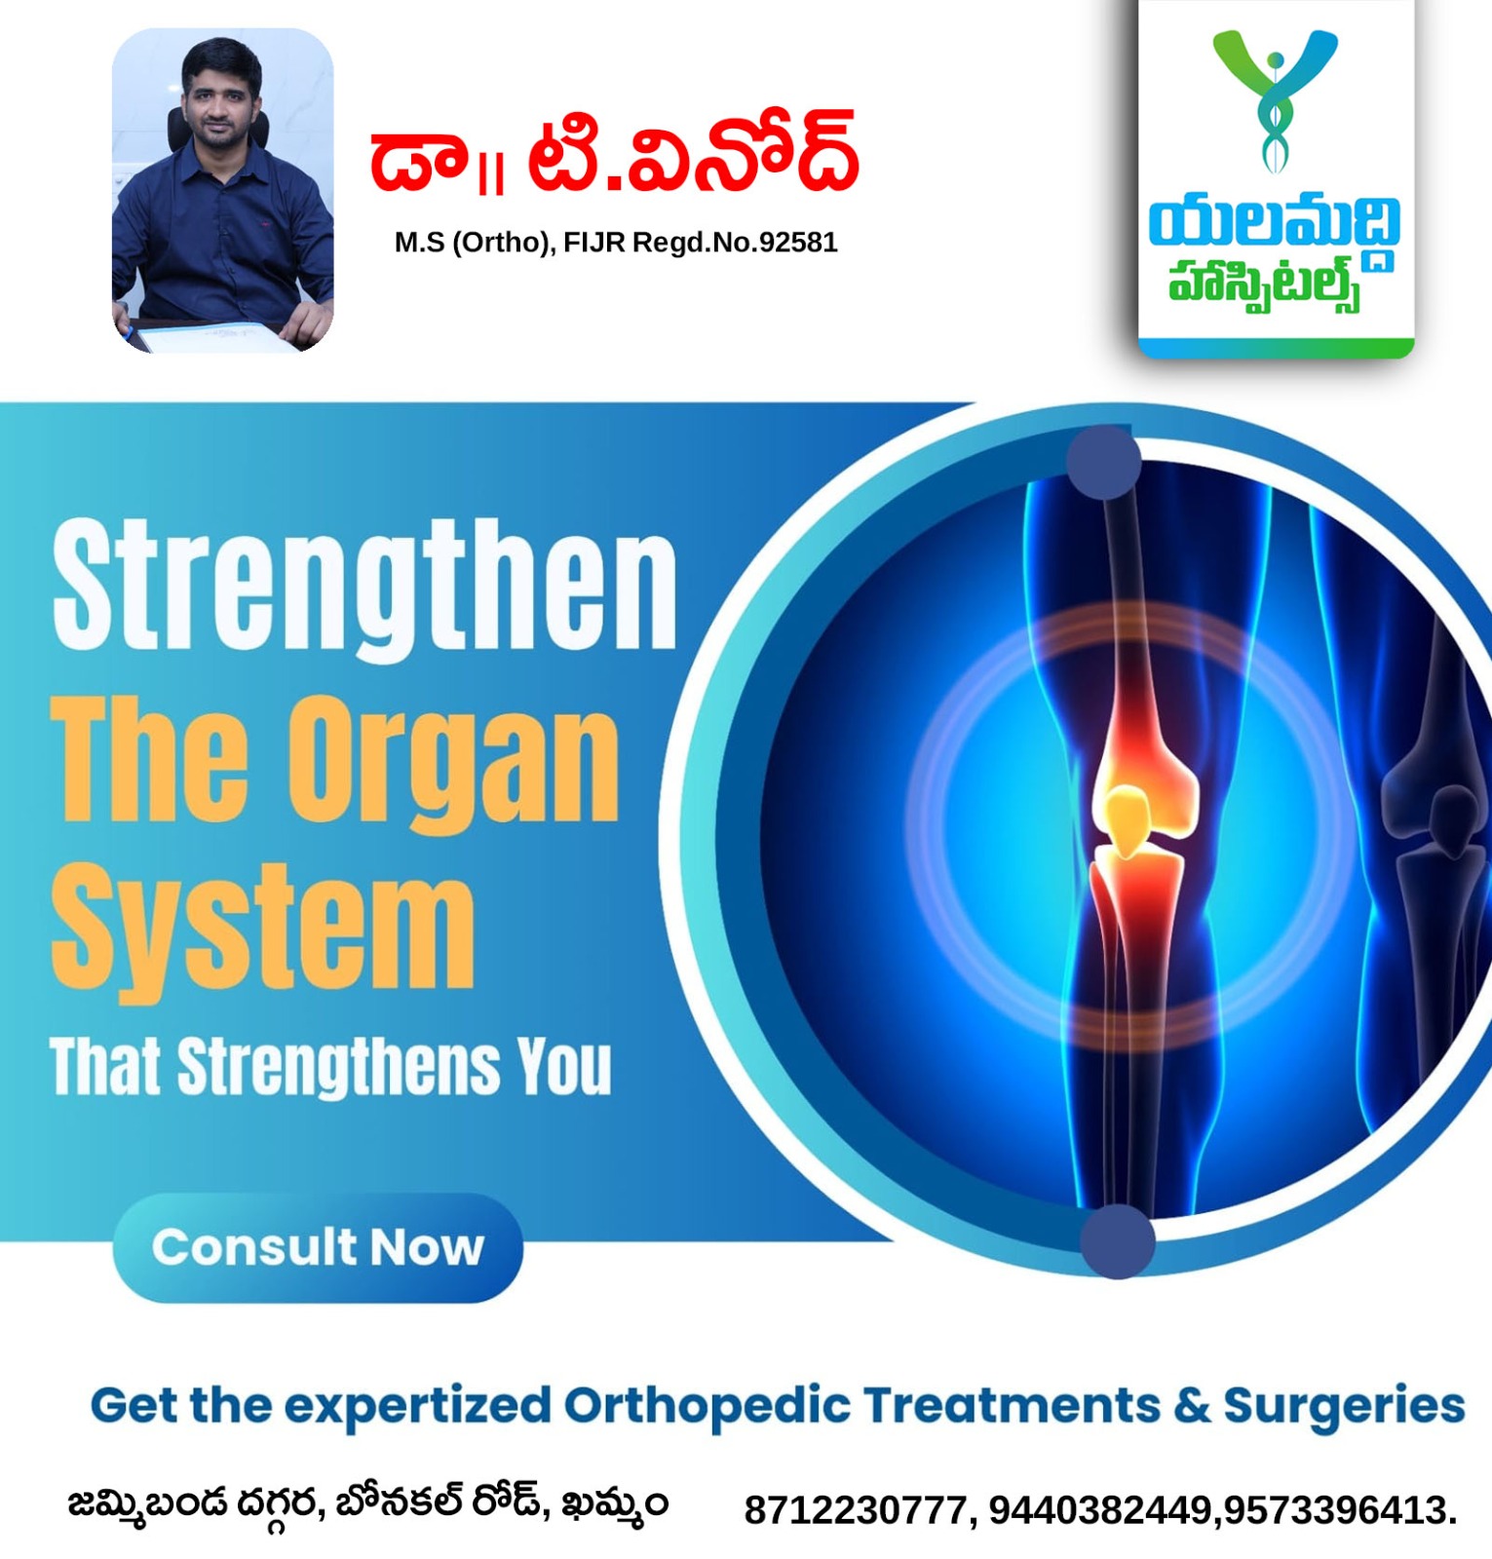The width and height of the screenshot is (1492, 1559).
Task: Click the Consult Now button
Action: click(318, 1247)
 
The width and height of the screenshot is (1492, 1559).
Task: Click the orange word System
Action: click(262, 931)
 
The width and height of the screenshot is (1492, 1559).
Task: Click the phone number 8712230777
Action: click(856, 1510)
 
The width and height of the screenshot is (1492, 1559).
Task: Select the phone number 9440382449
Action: click(1100, 1510)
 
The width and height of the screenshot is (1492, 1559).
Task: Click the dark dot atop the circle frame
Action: click(1103, 462)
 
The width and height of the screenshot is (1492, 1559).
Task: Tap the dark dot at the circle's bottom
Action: click(1118, 1240)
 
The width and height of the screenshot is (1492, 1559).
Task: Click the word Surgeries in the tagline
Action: click(1344, 1407)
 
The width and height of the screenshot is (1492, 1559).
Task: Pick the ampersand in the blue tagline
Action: click(1192, 1405)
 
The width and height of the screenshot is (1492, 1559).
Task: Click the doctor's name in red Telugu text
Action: click(614, 154)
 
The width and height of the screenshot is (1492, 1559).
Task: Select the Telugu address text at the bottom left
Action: click(368, 1504)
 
